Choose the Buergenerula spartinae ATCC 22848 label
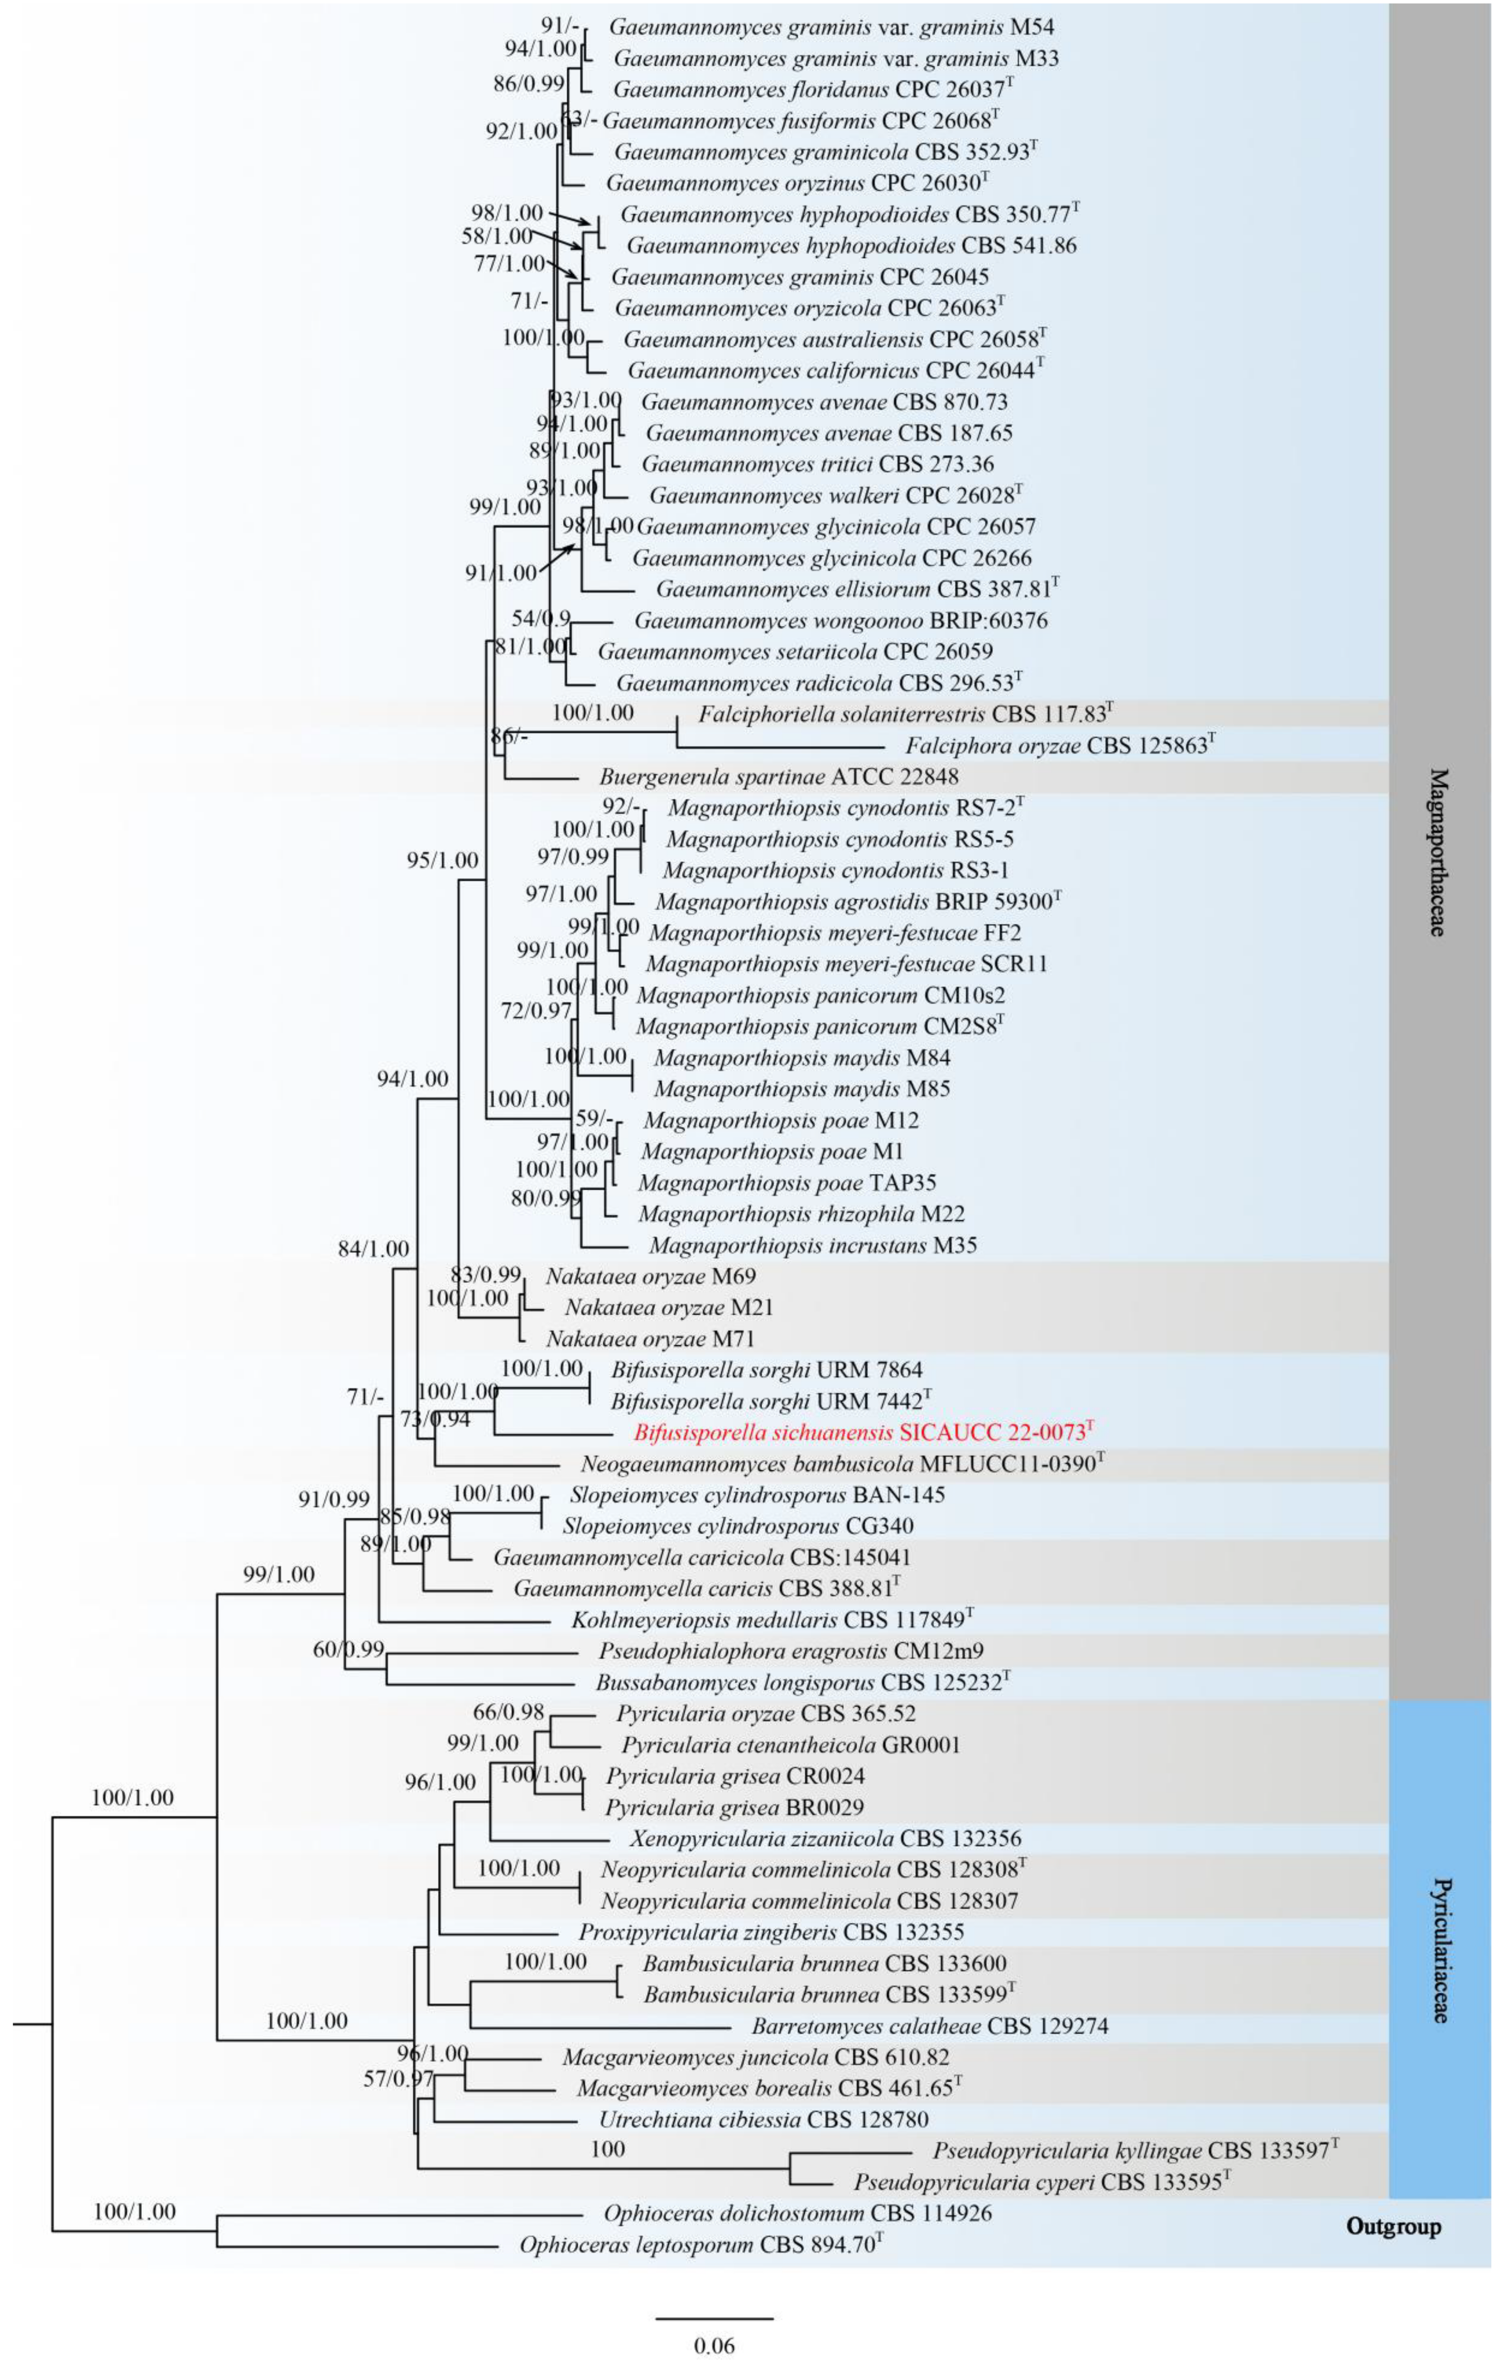(x=779, y=777)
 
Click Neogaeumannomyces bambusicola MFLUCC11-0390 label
(x=842, y=1463)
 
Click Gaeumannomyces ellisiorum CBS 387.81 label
(x=858, y=589)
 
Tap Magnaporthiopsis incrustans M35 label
(x=812, y=1245)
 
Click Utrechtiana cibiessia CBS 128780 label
(x=763, y=2119)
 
